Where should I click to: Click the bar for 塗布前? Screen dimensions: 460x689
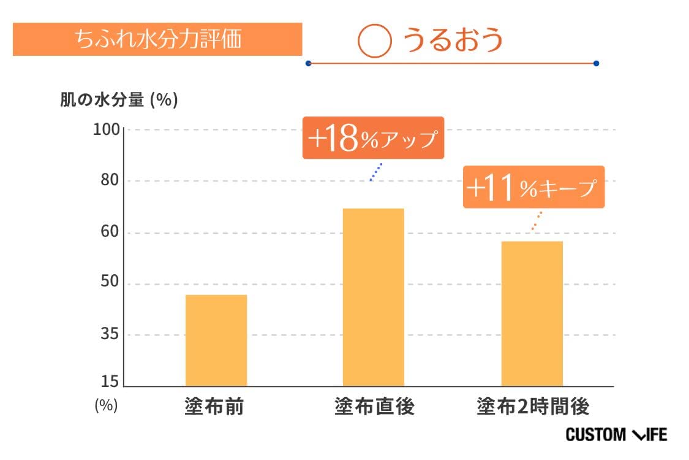coord(216,340)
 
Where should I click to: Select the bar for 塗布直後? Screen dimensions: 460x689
coord(373,297)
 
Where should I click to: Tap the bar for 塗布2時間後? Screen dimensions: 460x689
coord(532,313)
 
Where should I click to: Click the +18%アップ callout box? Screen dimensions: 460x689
coord(372,138)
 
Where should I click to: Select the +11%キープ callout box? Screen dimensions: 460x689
coord(533,187)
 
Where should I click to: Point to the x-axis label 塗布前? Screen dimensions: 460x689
coord(214,406)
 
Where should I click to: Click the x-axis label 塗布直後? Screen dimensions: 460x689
coord(374,406)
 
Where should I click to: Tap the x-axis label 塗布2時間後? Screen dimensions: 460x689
coord(533,406)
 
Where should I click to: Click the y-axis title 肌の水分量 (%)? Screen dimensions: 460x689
coord(119,100)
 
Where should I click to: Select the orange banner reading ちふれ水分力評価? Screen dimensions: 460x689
coord(157,39)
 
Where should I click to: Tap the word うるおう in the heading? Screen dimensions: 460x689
coord(453,40)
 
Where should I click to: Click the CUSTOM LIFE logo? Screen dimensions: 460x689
coord(616,435)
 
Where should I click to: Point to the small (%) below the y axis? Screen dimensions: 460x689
coord(106,405)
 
